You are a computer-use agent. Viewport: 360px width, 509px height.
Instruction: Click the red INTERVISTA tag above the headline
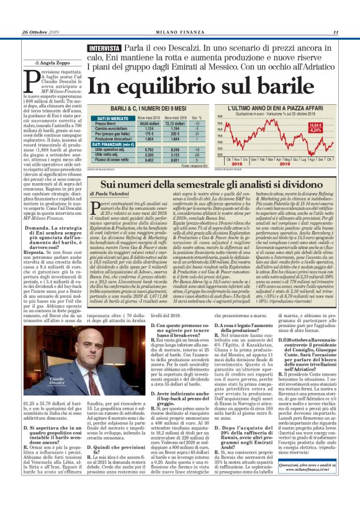tap(104, 48)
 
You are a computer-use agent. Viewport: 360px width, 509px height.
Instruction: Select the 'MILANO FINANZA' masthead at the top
tap(179, 32)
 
